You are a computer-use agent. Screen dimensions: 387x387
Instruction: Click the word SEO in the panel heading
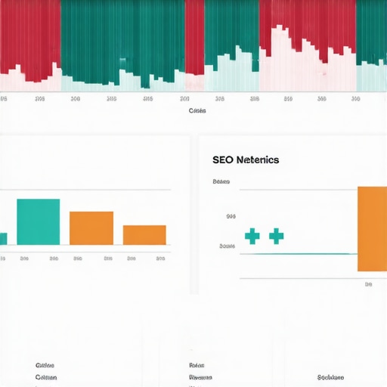pyautogui.click(x=224, y=159)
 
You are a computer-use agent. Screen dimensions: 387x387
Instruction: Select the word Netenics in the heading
pyautogui.click(x=257, y=159)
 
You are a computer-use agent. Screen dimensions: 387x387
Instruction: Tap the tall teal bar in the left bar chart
pyautogui.click(x=38, y=221)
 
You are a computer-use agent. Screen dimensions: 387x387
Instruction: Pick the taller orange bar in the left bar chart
pyautogui.click(x=91, y=228)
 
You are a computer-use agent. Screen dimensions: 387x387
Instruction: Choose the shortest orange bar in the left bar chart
pyautogui.click(x=144, y=234)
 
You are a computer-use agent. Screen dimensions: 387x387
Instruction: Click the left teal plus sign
pyautogui.click(x=252, y=236)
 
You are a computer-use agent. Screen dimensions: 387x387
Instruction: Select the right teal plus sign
pyautogui.click(x=276, y=236)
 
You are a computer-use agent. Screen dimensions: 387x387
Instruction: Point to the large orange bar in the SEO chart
pyautogui.click(x=372, y=228)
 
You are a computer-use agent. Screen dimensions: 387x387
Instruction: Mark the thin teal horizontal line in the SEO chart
pyautogui.click(x=302, y=254)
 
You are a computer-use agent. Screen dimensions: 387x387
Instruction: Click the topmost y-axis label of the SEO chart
pyautogui.click(x=221, y=182)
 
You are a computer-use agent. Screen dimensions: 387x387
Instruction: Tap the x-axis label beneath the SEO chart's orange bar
pyautogui.click(x=368, y=285)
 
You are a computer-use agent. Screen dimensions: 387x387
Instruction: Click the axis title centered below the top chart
pyautogui.click(x=197, y=110)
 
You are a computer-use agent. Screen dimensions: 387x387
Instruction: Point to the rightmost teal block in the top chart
pyautogui.click(x=371, y=30)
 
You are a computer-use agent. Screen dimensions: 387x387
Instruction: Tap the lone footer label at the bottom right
pyautogui.click(x=330, y=376)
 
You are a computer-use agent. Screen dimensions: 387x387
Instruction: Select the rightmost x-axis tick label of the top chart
pyautogui.click(x=356, y=98)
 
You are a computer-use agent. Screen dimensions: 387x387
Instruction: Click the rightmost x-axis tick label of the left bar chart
pyautogui.click(x=160, y=258)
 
